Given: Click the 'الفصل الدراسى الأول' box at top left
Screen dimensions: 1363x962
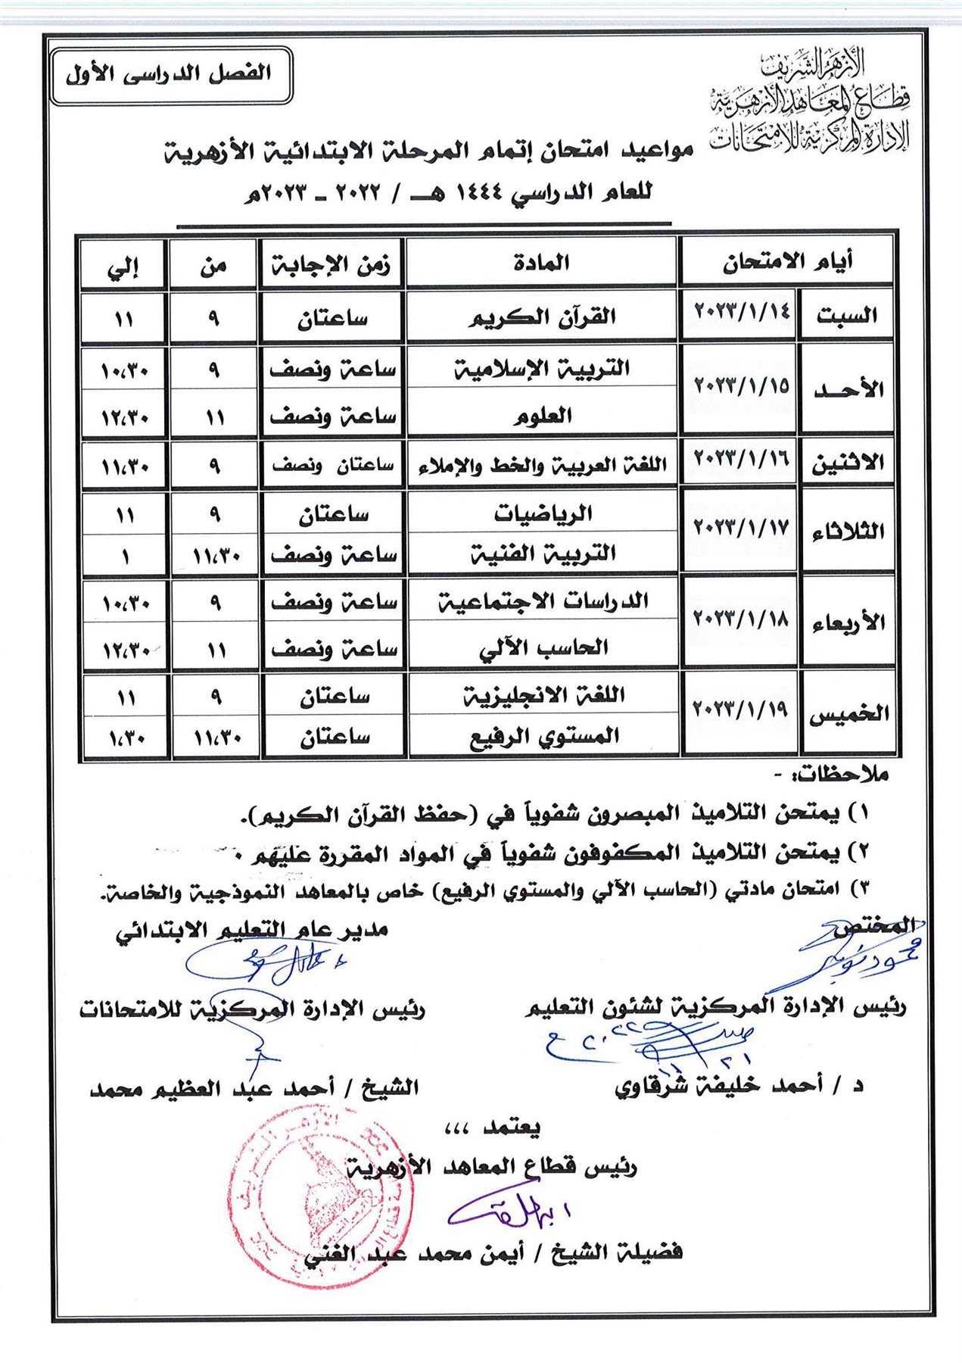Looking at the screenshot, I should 170,75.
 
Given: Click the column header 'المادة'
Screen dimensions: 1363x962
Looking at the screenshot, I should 541,264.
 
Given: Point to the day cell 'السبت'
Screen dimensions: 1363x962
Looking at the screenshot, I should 847,316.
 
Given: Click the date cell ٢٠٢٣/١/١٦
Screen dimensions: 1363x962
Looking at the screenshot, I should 740,458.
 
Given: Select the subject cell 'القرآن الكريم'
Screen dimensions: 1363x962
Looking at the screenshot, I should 541,317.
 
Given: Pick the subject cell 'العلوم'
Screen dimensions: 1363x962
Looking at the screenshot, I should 543,415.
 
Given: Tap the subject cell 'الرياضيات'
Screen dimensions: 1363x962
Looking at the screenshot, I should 543,513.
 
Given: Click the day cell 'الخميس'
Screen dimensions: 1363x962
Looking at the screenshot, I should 848,713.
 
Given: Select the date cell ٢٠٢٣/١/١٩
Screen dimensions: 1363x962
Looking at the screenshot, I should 740,710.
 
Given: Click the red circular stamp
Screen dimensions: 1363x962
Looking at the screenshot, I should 320,1197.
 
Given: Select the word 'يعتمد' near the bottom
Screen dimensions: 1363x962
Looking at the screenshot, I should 512,1127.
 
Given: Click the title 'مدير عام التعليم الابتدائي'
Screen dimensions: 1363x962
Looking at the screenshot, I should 252,931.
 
